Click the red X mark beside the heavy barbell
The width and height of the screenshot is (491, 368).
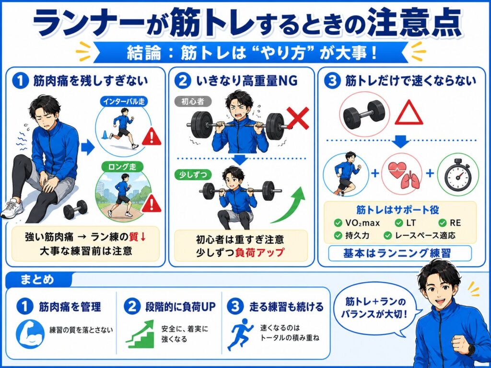[x=298, y=118]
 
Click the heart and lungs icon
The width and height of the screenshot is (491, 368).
[x=401, y=175]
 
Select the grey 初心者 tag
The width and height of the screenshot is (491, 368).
[x=193, y=102]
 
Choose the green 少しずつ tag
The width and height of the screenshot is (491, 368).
[x=193, y=174]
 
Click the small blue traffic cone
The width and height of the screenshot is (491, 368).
[x=105, y=135]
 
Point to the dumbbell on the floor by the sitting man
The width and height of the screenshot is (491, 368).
[x=75, y=209]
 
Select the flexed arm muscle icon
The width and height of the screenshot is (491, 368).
[x=30, y=334]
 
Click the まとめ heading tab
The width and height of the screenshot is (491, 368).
[x=37, y=279]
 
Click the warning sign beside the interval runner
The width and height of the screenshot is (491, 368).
[x=152, y=137]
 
